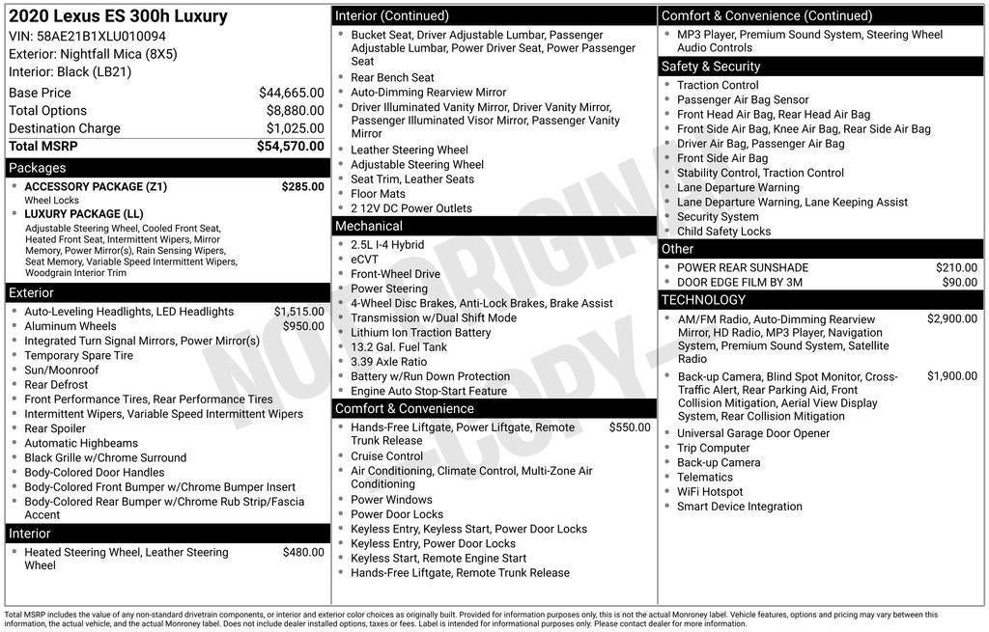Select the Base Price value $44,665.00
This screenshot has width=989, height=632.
[291, 93]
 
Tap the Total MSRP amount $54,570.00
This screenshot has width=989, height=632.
[291, 146]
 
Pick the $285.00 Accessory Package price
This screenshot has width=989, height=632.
[302, 186]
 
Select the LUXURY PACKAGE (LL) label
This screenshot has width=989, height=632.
[84, 214]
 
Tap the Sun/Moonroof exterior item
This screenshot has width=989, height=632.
[61, 370]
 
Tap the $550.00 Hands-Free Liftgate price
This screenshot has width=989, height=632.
[629, 427]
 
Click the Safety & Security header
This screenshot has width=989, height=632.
[710, 67]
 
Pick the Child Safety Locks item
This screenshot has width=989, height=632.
[723, 232]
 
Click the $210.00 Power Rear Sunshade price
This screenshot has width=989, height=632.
[956, 268]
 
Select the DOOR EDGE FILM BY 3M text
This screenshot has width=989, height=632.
[740, 283]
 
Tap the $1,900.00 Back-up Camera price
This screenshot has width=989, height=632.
[951, 376]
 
